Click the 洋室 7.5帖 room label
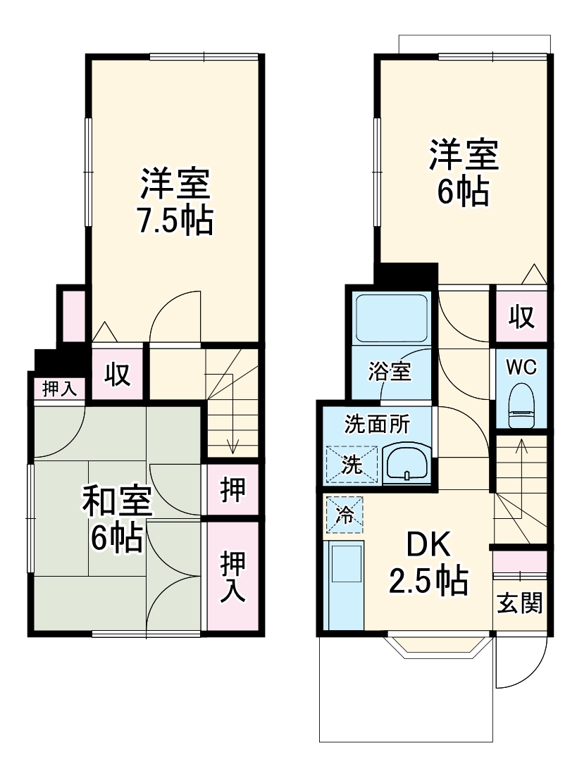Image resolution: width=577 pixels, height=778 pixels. (175, 202)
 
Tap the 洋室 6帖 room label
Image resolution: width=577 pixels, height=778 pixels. (464, 172)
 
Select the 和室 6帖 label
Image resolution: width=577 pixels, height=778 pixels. (117, 519)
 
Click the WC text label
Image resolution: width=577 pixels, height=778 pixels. (521, 367)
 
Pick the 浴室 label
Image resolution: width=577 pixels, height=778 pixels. (390, 371)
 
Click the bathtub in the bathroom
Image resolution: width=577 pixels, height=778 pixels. (392, 318)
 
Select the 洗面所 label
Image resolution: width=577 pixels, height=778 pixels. (377, 425)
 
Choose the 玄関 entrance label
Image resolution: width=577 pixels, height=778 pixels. (521, 603)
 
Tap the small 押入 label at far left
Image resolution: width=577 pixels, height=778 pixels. (59, 389)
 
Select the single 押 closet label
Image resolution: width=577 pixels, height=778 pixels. (232, 489)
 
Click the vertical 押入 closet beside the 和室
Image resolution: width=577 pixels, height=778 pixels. (232, 577)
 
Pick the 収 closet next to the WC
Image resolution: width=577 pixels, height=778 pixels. (521, 318)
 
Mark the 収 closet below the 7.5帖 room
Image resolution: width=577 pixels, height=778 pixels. (118, 374)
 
